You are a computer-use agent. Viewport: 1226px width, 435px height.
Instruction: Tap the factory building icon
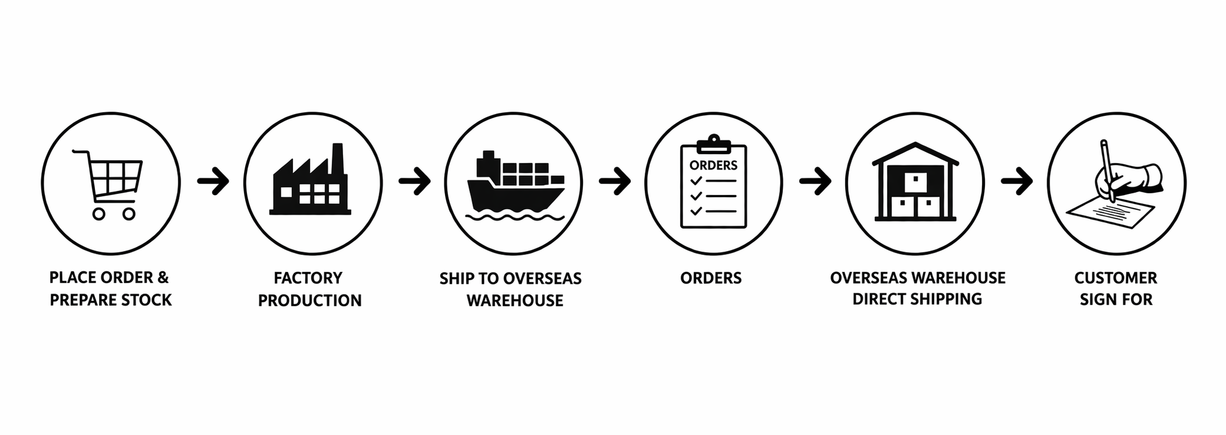[311, 183]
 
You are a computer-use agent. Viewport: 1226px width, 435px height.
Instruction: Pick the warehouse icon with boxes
[915, 183]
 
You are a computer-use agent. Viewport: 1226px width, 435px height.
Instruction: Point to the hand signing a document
[1115, 186]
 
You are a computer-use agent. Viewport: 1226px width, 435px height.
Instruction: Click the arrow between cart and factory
[213, 182]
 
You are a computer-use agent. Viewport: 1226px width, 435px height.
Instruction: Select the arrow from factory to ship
[415, 182]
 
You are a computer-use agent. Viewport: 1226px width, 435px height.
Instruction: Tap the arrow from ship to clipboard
[615, 182]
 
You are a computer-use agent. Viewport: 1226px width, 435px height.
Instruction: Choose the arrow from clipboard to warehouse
[815, 182]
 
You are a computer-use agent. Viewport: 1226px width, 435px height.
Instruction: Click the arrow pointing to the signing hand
[1017, 182]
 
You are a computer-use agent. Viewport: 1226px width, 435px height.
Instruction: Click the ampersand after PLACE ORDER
[162, 277]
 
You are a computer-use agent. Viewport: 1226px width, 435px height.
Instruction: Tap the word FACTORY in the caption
[308, 278]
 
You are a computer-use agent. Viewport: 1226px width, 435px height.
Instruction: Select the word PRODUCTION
[310, 300]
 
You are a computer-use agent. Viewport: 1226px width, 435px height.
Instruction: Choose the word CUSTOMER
[1115, 278]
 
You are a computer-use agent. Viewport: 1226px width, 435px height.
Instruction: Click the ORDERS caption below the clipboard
[711, 278]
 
